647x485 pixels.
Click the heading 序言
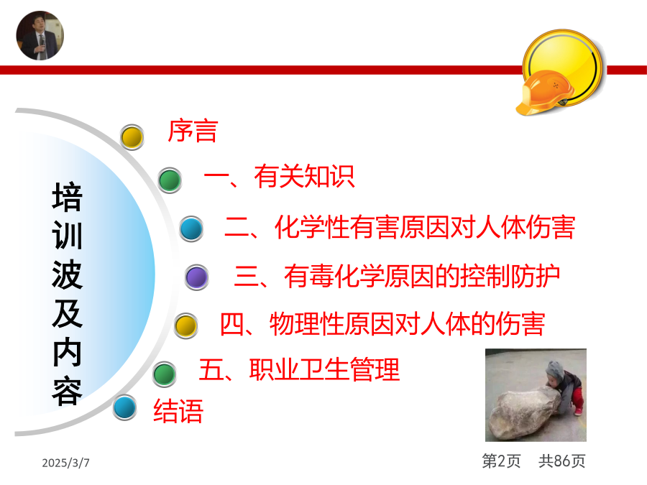(193, 131)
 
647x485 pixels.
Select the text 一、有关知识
(280, 177)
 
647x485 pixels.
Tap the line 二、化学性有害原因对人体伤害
(400, 227)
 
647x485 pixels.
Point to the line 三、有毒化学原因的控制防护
(397, 276)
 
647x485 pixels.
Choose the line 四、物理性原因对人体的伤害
(382, 324)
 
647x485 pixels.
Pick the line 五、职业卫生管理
(300, 369)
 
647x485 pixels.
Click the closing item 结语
(178, 411)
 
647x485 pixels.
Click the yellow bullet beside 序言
(132, 137)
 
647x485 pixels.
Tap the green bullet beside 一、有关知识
(170, 180)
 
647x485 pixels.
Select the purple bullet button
(196, 277)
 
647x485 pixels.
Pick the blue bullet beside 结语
(124, 407)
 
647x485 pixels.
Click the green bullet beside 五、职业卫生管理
(164, 374)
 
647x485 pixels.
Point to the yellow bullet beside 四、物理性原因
(185, 325)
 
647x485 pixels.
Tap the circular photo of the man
(40, 35)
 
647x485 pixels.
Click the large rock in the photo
(524, 414)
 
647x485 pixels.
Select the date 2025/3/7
(65, 463)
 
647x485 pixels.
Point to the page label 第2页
(501, 461)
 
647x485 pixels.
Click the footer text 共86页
(562, 461)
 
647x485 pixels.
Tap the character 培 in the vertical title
(68, 197)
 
